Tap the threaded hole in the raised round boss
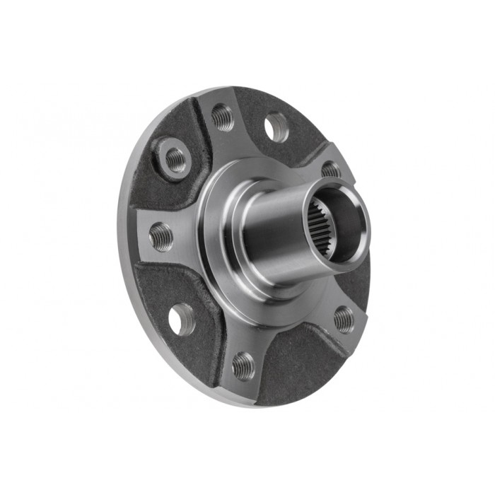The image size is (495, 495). click(174, 159)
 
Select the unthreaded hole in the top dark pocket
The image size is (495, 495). click(276, 128)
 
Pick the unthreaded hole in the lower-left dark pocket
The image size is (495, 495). click(182, 319)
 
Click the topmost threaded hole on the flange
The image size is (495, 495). click(223, 117)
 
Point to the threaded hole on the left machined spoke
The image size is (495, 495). click(161, 236)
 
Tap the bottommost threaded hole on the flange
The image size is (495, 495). click(243, 365)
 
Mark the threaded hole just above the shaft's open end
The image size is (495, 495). click(331, 170)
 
